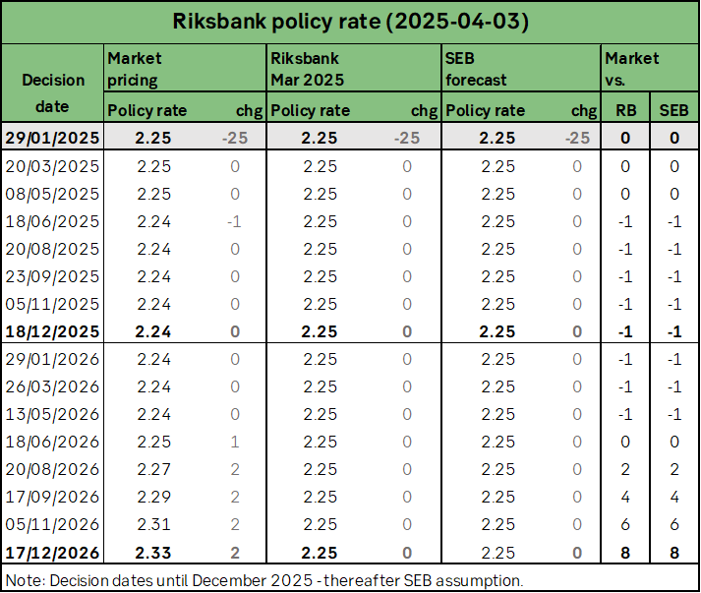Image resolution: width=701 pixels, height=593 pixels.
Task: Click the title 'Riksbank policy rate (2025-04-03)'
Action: tap(350, 21)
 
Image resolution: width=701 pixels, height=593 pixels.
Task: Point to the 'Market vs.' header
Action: tap(632, 69)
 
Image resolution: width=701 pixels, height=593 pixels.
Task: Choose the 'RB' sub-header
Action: tap(625, 110)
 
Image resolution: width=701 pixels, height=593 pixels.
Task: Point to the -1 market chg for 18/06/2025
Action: tap(234, 221)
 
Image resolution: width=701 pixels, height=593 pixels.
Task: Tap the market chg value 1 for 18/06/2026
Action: tap(235, 443)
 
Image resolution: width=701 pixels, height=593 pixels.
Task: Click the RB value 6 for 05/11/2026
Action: tap(625, 525)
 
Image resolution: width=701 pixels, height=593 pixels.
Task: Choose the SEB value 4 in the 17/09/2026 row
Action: tap(674, 498)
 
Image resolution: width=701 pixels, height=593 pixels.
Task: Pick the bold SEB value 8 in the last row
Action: tap(674, 553)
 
